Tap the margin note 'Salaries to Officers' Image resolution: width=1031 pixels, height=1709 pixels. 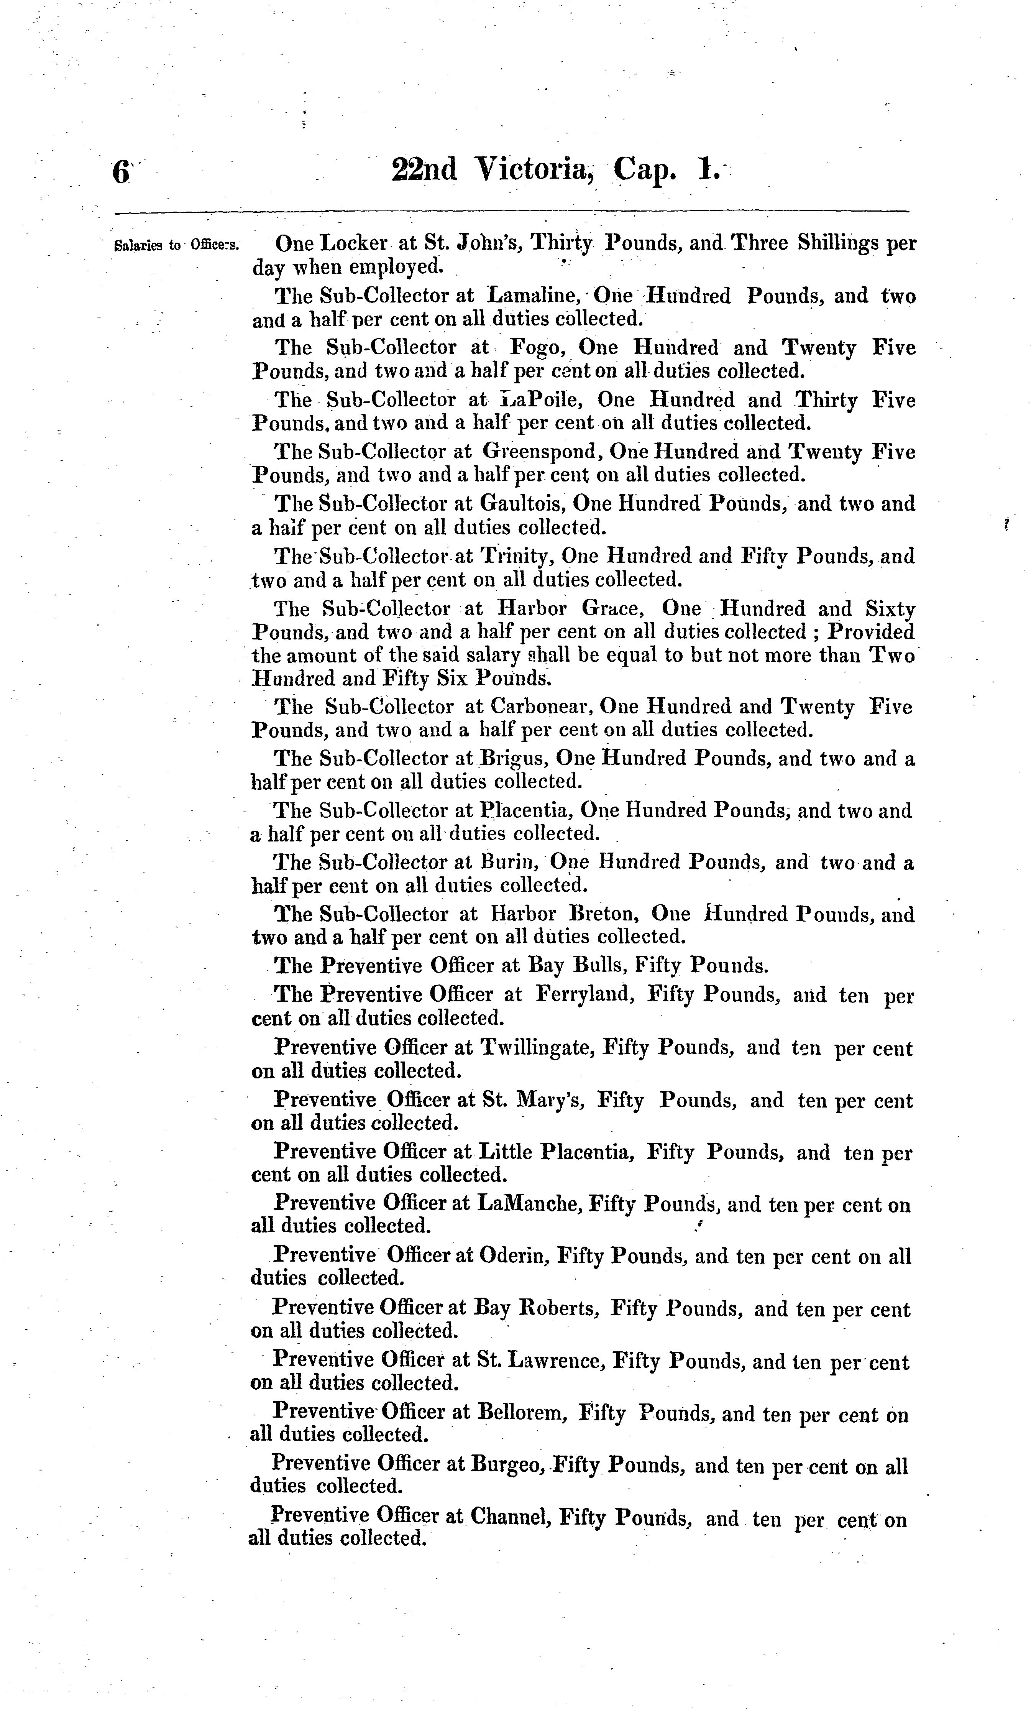click(176, 245)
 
